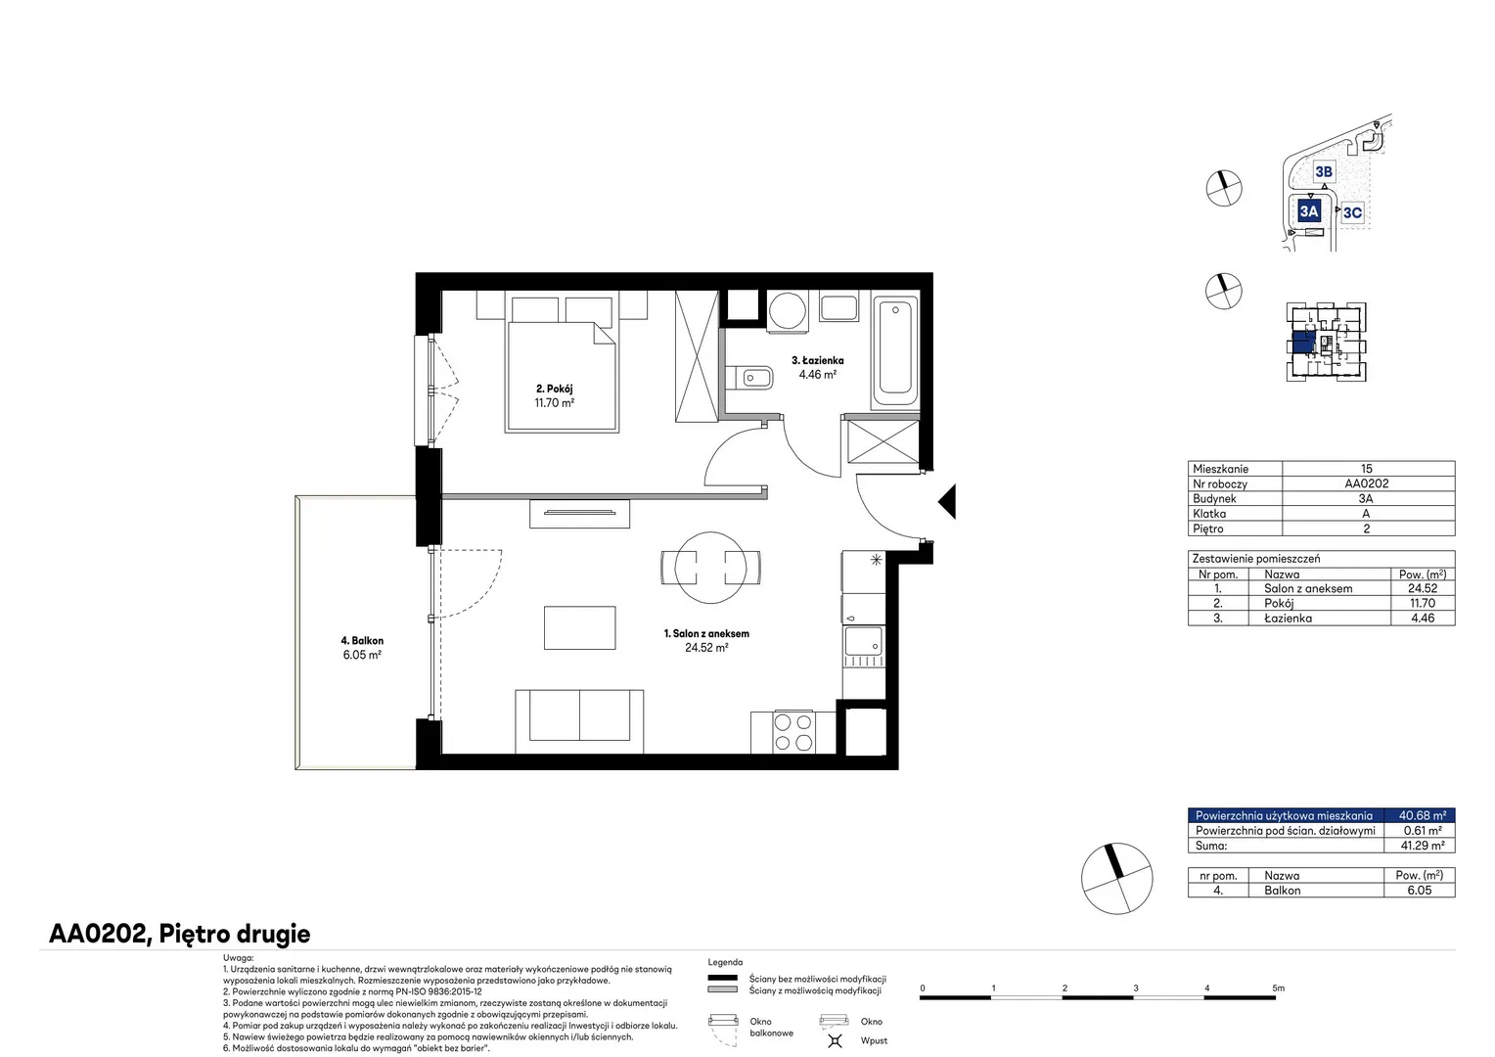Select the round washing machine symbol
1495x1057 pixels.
coord(788,310)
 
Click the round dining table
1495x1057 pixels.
coord(710,568)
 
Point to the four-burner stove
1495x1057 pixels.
coord(793,732)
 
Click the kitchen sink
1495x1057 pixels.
coord(864,642)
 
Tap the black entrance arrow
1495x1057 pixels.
coord(947,501)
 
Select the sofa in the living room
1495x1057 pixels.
coord(579,722)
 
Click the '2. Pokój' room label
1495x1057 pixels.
coord(554,389)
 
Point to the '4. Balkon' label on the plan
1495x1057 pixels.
coord(362,641)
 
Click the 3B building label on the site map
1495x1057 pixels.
coord(1324,172)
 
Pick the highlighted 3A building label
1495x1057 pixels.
coord(1309,211)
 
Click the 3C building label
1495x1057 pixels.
coord(1352,213)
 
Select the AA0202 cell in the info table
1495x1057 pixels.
coord(1367,483)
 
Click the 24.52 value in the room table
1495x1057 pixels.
coord(1423,588)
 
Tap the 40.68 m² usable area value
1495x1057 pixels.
coord(1423,815)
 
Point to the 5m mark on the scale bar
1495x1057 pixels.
coord(1278,988)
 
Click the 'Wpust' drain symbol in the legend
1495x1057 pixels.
coord(835,1040)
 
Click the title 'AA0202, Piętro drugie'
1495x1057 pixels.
coord(180,934)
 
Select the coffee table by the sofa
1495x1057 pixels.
coord(579,627)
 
